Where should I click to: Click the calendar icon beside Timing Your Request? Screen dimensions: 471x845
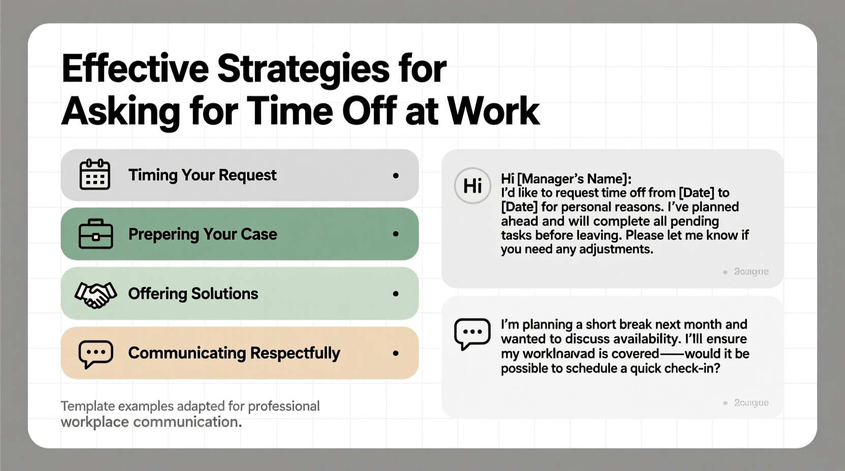coord(95,175)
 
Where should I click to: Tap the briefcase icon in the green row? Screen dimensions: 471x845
coord(95,234)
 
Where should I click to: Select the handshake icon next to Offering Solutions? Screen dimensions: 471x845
coord(95,294)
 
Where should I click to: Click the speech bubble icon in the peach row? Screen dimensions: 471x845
coord(95,353)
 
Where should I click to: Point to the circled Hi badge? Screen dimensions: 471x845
coord(472,186)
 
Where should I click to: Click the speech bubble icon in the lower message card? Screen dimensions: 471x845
coord(472,333)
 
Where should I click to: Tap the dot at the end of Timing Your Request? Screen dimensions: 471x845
coord(396,176)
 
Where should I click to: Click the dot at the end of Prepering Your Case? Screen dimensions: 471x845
coord(396,234)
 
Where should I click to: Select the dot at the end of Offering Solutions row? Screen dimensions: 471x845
coord(396,294)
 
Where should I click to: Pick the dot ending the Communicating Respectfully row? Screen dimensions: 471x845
coord(396,353)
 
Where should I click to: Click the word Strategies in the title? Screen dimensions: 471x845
coord(303,69)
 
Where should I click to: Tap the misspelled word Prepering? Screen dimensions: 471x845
coord(164,234)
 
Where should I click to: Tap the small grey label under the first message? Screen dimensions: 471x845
coord(751,272)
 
